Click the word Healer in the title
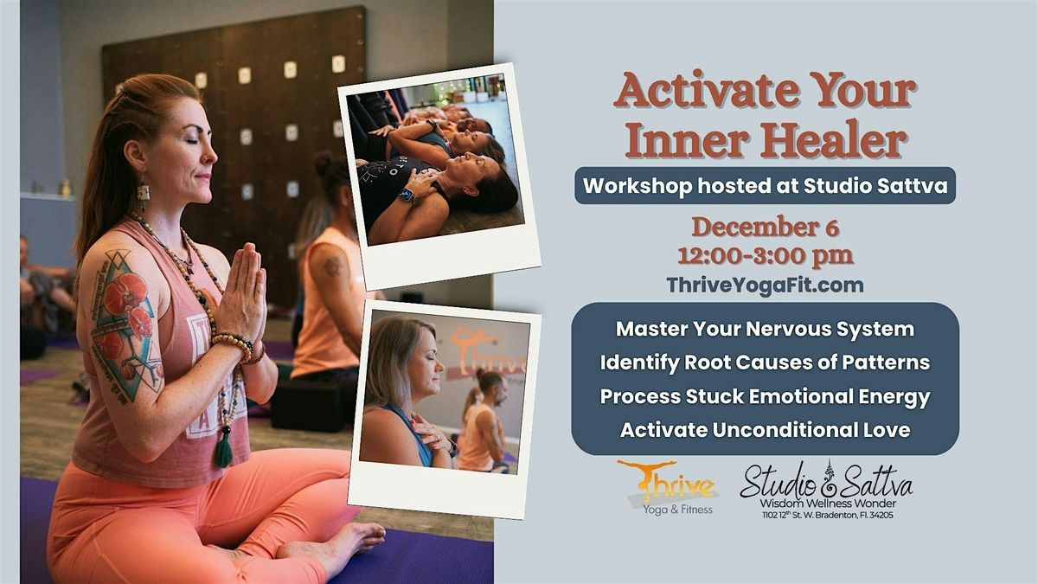pyautogui.click(x=833, y=141)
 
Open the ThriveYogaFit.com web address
pyautogui.click(x=765, y=284)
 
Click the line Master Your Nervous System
pyautogui.click(x=765, y=330)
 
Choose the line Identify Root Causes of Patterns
pyautogui.click(x=765, y=363)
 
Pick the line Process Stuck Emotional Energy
pyautogui.click(x=765, y=396)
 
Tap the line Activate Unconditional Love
pyautogui.click(x=765, y=429)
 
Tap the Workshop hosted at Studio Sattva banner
pyautogui.click(x=765, y=185)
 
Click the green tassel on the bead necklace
pyautogui.click(x=224, y=449)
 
